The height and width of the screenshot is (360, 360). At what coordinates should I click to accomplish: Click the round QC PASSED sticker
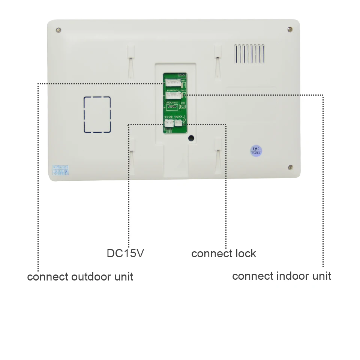point(256,151)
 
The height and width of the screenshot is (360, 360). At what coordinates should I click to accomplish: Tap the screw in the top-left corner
point(58,30)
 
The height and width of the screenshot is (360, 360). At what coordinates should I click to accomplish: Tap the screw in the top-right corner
point(289,29)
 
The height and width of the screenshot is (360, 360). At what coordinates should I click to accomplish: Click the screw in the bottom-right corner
point(290,167)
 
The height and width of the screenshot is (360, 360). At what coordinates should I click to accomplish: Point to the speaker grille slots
point(250,53)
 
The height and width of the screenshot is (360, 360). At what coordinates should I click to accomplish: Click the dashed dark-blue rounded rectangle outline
point(97,115)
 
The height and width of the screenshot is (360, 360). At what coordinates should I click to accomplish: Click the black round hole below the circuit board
point(191,138)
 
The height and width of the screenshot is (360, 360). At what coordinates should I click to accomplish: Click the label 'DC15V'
point(125,253)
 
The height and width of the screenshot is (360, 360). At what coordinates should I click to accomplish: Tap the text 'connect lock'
point(223,253)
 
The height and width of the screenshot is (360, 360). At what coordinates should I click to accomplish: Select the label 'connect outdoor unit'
point(80,277)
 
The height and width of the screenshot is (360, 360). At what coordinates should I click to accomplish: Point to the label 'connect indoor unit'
point(281,276)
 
